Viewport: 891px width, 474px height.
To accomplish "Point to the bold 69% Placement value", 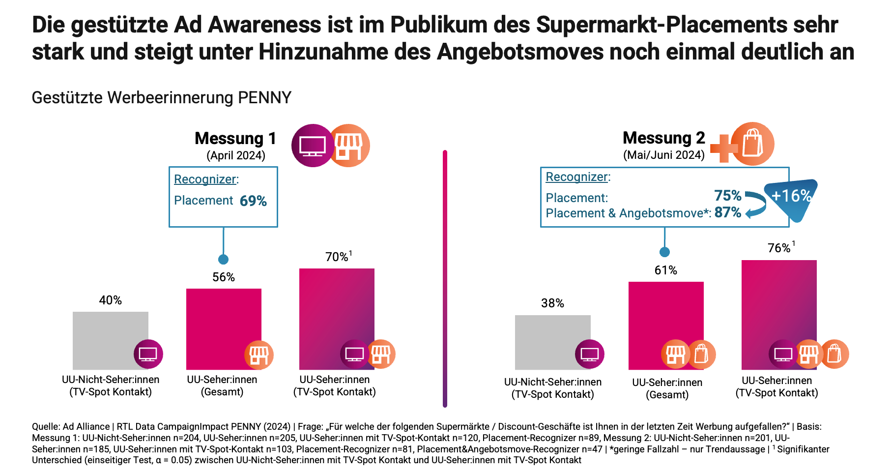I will pos(253,201).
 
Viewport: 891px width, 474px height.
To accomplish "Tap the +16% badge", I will pos(791,196).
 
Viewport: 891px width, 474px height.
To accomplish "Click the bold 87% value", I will pos(728,212).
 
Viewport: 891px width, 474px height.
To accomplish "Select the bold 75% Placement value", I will pos(728,196).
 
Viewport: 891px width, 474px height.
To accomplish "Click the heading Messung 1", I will pos(235,139).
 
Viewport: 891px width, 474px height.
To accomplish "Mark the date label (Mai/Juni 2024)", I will pos(664,155).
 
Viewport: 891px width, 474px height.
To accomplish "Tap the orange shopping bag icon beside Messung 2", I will pos(752,144).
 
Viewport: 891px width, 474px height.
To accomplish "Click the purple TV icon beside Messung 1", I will pos(313,146).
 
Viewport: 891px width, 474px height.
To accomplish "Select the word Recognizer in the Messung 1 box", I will pos(205,179).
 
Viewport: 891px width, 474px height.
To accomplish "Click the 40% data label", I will pos(110,300).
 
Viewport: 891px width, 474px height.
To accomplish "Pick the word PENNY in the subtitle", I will pos(265,98).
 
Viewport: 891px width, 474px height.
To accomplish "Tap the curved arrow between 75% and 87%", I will pos(757,204).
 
